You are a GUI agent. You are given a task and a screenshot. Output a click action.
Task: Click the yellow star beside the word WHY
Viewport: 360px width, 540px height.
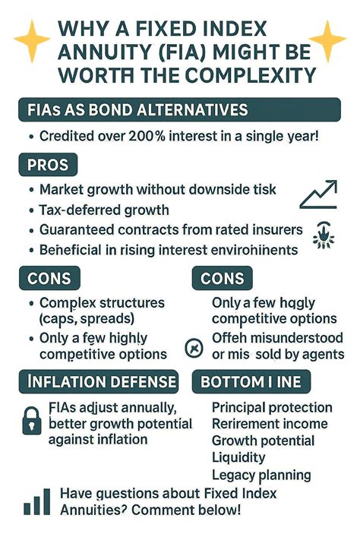pos(32,39)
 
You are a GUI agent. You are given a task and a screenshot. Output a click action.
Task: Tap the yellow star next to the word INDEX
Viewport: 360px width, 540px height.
pos(327,39)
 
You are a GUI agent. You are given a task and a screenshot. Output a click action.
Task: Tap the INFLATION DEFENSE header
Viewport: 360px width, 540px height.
pos(97,381)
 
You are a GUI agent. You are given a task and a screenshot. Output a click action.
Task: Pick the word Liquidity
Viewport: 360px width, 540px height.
pos(238,458)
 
